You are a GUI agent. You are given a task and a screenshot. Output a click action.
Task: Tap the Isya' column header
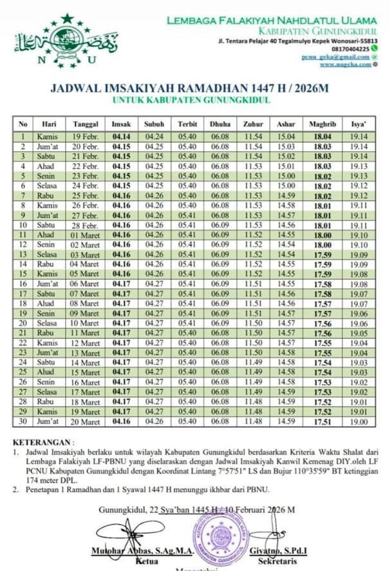pos(360,124)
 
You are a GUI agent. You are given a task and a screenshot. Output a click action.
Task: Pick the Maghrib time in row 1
pos(322,137)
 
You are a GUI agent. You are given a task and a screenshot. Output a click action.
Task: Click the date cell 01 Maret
pos(85,235)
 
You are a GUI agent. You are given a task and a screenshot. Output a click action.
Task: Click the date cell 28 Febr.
pos(85,226)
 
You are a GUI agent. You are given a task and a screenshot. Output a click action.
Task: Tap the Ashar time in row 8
pos(286,206)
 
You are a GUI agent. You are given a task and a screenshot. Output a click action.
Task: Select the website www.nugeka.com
pos(344,64)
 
